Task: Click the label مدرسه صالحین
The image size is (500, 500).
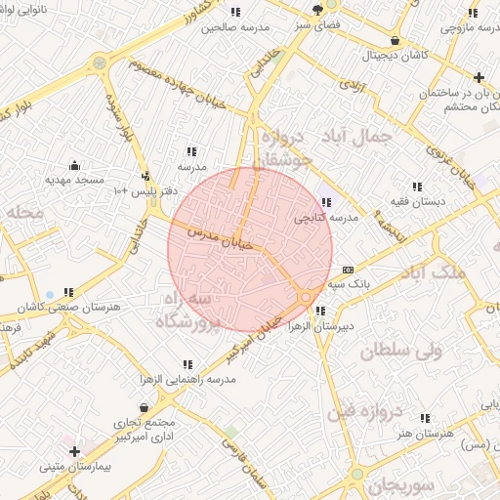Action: click(233, 27)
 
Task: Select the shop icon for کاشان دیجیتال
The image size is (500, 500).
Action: click(395, 40)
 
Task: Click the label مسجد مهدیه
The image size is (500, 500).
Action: click(74, 181)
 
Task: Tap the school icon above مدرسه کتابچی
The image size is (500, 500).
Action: click(326, 201)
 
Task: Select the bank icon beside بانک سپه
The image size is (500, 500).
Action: click(348, 270)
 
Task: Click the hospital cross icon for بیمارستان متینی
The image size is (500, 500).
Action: click(75, 450)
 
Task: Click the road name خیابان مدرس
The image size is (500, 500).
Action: click(224, 241)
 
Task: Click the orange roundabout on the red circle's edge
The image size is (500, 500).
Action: click(306, 295)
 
